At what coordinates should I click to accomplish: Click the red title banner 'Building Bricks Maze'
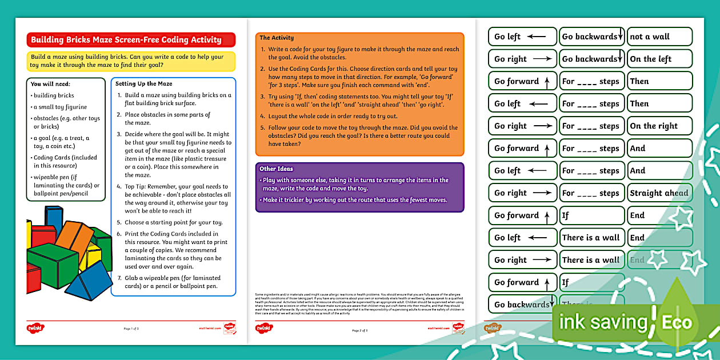[x=130, y=40]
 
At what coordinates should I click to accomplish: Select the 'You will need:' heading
[x=51, y=84]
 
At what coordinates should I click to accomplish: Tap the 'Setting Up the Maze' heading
[x=143, y=84]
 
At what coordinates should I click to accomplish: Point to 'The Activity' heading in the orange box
[x=277, y=38]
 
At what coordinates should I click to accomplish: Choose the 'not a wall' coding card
[x=659, y=37]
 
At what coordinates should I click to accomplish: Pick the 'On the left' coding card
[x=659, y=59]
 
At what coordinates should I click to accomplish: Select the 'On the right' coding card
[x=659, y=126]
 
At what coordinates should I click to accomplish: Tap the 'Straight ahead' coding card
[x=659, y=193]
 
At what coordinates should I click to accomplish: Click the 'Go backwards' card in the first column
[x=522, y=305]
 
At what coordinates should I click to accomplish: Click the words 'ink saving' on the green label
[x=603, y=322]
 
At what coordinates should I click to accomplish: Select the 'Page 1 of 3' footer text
[x=131, y=329]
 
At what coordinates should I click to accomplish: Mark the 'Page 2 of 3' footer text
[x=359, y=330]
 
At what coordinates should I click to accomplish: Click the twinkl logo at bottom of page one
[x=35, y=328]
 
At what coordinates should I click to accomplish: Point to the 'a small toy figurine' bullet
[x=60, y=107]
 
